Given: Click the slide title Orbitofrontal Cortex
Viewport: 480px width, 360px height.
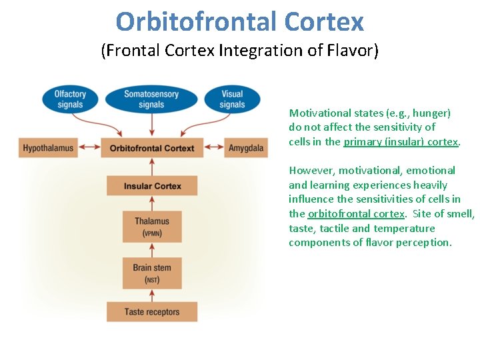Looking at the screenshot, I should [x=240, y=21].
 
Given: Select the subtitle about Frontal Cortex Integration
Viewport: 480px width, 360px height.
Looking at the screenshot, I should [x=240, y=51].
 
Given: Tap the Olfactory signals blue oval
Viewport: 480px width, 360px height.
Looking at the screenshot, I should [x=70, y=99].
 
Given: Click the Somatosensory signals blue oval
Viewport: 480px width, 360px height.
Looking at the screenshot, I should [x=151, y=99].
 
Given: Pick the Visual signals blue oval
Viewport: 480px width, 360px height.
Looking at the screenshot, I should [x=232, y=99].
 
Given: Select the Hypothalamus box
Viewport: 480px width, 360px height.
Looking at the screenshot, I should [x=48, y=148].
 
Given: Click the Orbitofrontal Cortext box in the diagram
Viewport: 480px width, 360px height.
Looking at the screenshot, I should [x=152, y=148].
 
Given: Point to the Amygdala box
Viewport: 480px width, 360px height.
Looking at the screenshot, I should [x=245, y=148].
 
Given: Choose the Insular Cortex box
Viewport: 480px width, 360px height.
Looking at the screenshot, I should [x=152, y=185].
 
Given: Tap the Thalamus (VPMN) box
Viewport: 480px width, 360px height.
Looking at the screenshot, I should [x=152, y=226].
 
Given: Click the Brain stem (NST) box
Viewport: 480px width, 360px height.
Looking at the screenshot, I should [x=152, y=273].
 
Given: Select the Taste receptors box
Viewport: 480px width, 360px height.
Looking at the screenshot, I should [x=152, y=311].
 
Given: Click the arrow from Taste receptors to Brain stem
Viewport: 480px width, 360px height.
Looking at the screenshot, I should [x=152, y=295].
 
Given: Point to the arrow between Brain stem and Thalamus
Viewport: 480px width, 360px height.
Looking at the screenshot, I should [x=152, y=249].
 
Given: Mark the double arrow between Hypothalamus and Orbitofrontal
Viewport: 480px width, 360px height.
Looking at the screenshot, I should [x=89, y=148].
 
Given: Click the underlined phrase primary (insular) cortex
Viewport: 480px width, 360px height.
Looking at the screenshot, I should [x=401, y=141].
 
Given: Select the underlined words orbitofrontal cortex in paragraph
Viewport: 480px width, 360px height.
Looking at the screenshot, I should [x=356, y=213].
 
